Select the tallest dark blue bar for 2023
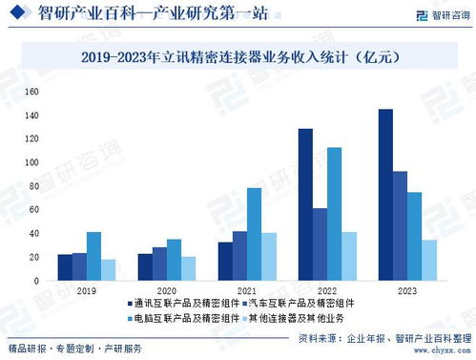click(385, 195)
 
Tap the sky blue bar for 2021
click(254, 234)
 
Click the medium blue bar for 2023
click(401, 226)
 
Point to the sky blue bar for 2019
click(93, 256)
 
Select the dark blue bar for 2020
click(145, 266)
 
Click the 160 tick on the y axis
click(31, 92)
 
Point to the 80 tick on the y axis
click(32, 186)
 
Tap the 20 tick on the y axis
click(32, 257)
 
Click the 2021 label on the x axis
click(247, 289)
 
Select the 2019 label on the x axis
click(87, 289)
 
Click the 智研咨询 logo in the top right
click(433, 15)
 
